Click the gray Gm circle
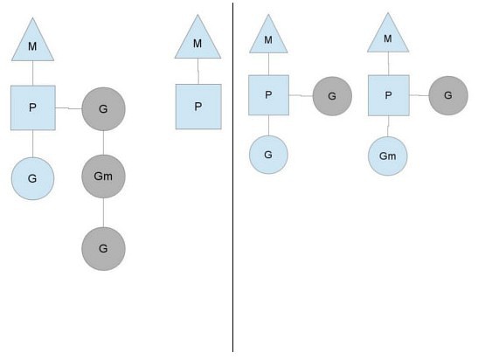click(x=103, y=177)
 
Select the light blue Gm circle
click(x=388, y=156)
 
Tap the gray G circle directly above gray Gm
click(x=103, y=109)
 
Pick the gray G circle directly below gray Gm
click(x=103, y=249)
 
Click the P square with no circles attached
click(x=198, y=107)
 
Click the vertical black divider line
click(x=232, y=177)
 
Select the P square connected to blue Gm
click(x=389, y=95)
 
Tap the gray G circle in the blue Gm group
click(x=448, y=95)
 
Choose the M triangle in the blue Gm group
click(x=388, y=36)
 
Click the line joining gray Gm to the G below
click(x=103, y=213)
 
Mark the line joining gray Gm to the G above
click(x=103, y=142)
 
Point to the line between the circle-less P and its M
click(x=198, y=72)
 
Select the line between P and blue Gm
click(x=388, y=126)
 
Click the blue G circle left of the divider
click(x=32, y=178)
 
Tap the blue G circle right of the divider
click(x=268, y=155)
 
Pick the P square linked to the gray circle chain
click(x=33, y=107)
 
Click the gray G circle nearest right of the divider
click(x=332, y=96)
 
